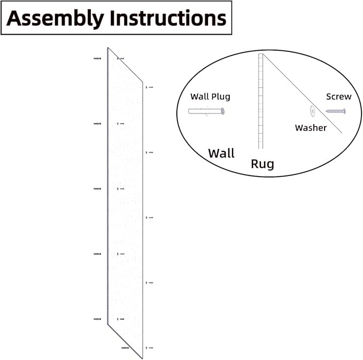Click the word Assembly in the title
(x=55, y=19)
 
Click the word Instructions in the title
(x=168, y=18)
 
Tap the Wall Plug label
(x=210, y=97)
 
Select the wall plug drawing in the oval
(x=206, y=111)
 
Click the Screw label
(x=339, y=97)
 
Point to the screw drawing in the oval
(x=336, y=111)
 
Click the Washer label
(x=311, y=128)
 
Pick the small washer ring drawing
(x=313, y=111)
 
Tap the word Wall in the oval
(x=221, y=154)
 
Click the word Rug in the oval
(x=262, y=164)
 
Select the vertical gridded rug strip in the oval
(x=261, y=101)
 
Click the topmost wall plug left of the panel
(x=97, y=59)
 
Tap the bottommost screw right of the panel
(x=150, y=348)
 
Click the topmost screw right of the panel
(x=150, y=87)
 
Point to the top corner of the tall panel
(x=107, y=48)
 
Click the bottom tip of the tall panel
(x=142, y=358)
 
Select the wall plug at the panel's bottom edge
(x=125, y=348)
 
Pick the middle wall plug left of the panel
(x=97, y=189)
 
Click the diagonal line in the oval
(x=303, y=94)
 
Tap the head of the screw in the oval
(x=344, y=111)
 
